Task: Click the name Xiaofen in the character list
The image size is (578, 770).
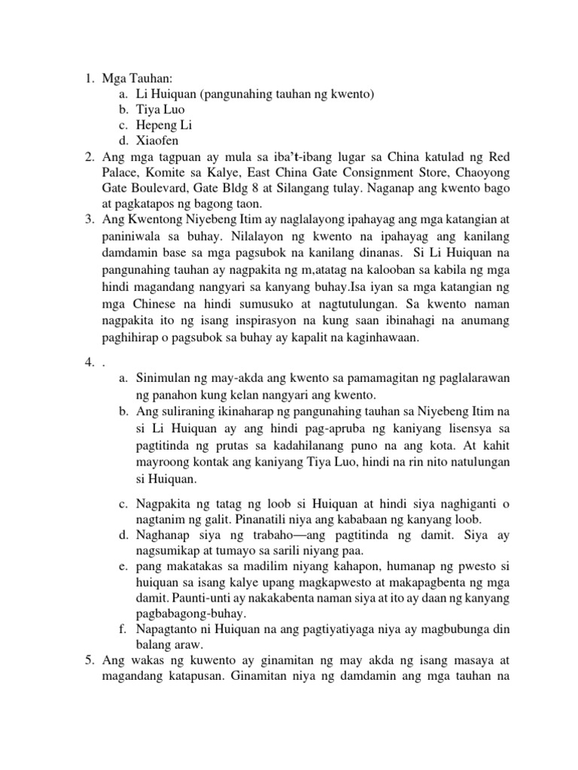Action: pos(159,139)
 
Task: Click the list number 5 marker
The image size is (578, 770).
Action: pos(87,660)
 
